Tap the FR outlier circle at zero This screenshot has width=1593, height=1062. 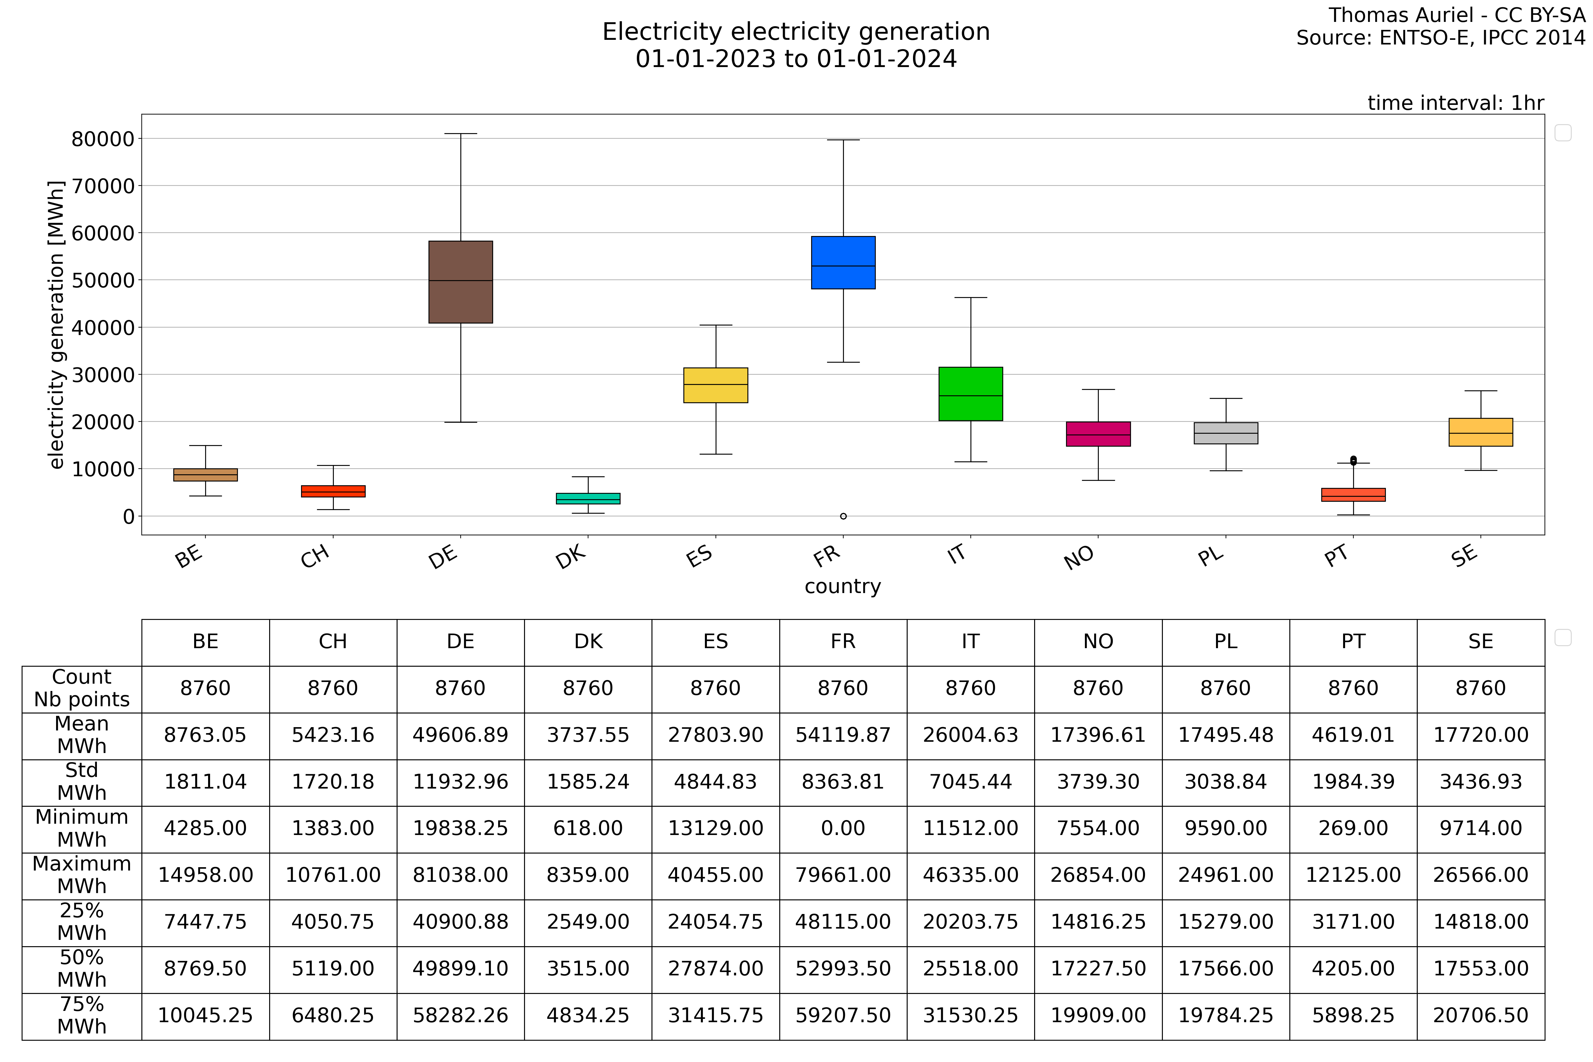[843, 516]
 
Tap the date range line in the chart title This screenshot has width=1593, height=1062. [796, 59]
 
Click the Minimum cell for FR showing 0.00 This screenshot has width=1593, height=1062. [843, 828]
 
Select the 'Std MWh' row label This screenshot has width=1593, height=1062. [82, 782]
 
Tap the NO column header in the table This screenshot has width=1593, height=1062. [1098, 642]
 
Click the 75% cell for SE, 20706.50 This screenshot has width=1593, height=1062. [1480, 1015]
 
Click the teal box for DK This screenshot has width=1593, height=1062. [588, 498]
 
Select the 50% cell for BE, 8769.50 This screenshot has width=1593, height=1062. [205, 968]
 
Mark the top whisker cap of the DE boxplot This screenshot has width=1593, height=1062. [461, 134]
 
